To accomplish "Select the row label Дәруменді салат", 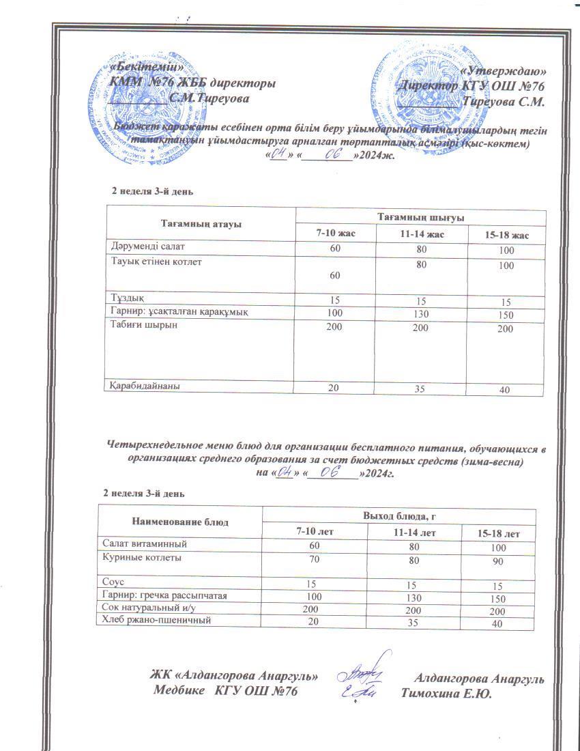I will click(145, 245).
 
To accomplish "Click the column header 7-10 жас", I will click(335, 233).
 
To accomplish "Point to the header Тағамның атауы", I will click(201, 223).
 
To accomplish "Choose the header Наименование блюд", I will click(180, 522).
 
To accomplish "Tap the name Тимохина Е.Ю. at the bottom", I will click(447, 693).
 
